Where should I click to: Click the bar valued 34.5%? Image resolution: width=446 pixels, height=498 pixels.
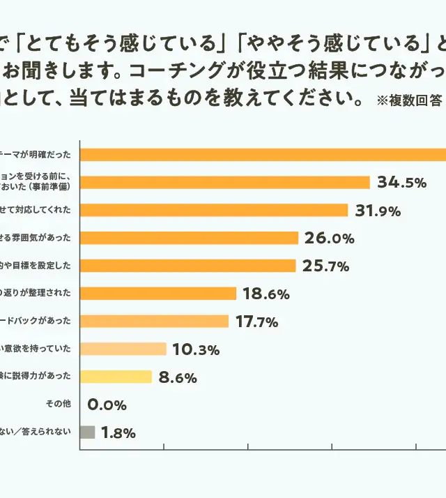[225, 183]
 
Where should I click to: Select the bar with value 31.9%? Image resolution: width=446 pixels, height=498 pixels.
[214, 210]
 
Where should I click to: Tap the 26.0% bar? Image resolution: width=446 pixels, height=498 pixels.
[190, 238]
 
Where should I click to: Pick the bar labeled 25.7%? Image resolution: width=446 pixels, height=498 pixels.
[188, 266]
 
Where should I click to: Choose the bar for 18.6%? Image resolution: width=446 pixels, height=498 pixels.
[158, 294]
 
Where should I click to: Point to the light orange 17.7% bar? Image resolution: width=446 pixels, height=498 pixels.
[155, 322]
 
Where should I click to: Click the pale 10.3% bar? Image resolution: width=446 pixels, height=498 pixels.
[123, 349]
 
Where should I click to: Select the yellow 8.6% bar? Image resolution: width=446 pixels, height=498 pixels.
[116, 377]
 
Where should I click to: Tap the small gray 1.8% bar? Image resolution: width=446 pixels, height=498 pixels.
[88, 432]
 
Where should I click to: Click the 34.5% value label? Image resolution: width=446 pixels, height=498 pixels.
[401, 183]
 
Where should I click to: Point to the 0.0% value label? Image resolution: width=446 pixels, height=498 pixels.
[107, 405]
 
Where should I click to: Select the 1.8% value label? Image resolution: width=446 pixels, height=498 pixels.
[118, 433]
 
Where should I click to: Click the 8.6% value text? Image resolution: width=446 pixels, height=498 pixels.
[178, 378]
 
